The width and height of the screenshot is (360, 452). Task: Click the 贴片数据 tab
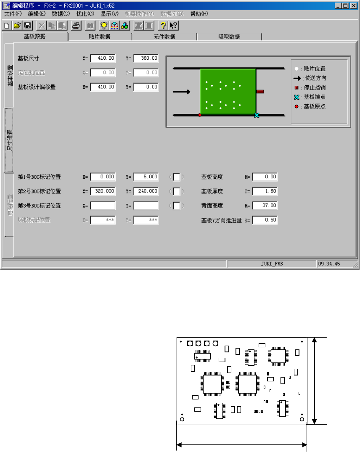click(100, 37)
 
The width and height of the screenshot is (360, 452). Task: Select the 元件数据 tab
click(164, 37)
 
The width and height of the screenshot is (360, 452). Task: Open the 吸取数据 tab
click(229, 37)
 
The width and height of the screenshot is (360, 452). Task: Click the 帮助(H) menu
click(199, 13)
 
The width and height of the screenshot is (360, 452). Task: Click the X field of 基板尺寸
click(103, 58)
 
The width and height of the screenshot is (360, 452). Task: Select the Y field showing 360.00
click(146, 58)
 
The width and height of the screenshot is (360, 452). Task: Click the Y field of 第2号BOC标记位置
click(146, 191)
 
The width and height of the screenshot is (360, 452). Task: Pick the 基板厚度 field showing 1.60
click(265, 191)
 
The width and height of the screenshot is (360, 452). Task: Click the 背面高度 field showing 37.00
click(265, 206)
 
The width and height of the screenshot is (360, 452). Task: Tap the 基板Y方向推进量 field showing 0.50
click(265, 220)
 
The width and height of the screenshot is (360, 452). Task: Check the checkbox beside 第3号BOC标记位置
click(177, 206)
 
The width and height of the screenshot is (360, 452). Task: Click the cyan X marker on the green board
click(257, 115)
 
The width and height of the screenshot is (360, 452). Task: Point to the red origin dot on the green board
click(200, 115)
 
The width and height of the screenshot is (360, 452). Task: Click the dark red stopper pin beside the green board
click(260, 91)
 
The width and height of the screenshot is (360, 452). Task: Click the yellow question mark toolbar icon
click(164, 25)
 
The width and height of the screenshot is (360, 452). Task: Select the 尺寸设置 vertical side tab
click(9, 140)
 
